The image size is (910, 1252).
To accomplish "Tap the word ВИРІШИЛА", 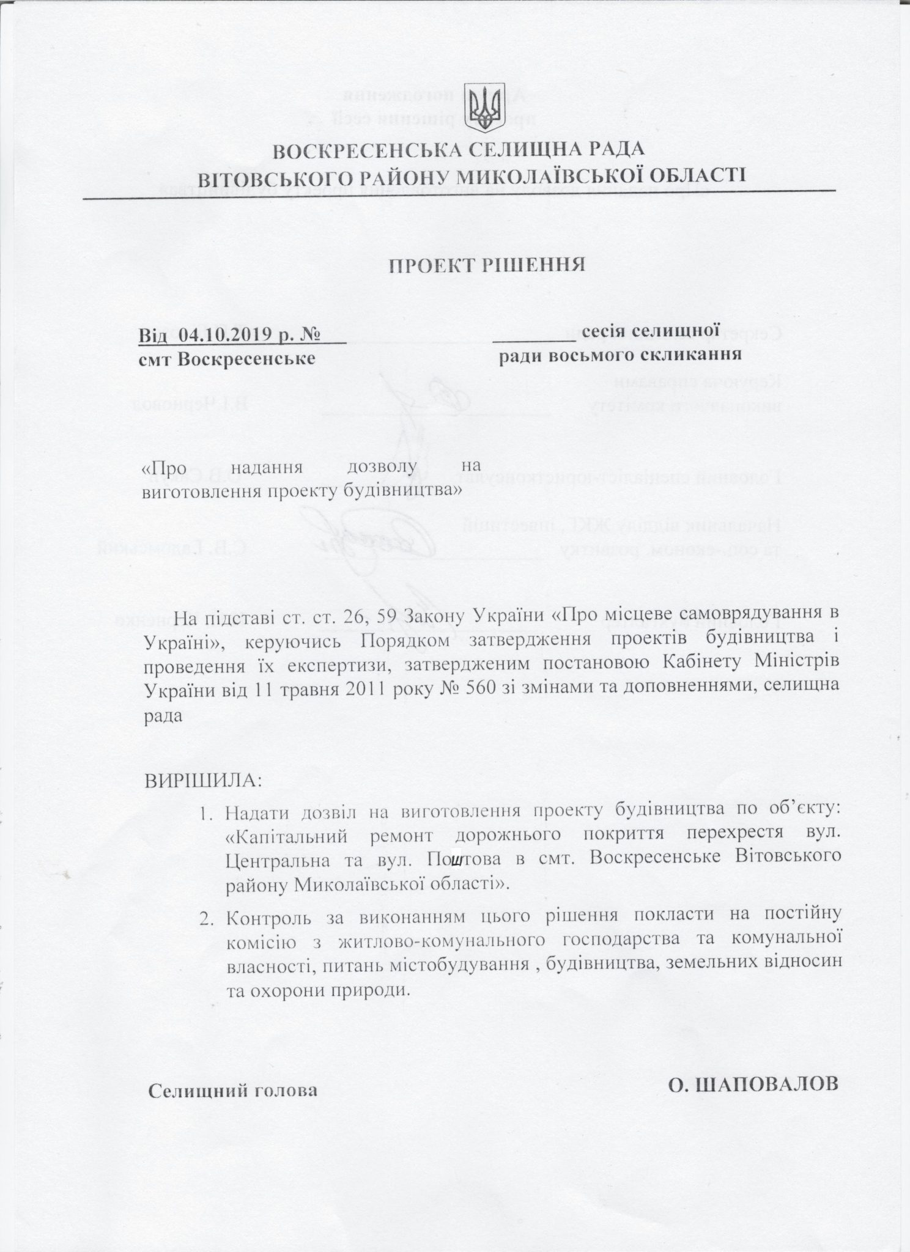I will [202, 781].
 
